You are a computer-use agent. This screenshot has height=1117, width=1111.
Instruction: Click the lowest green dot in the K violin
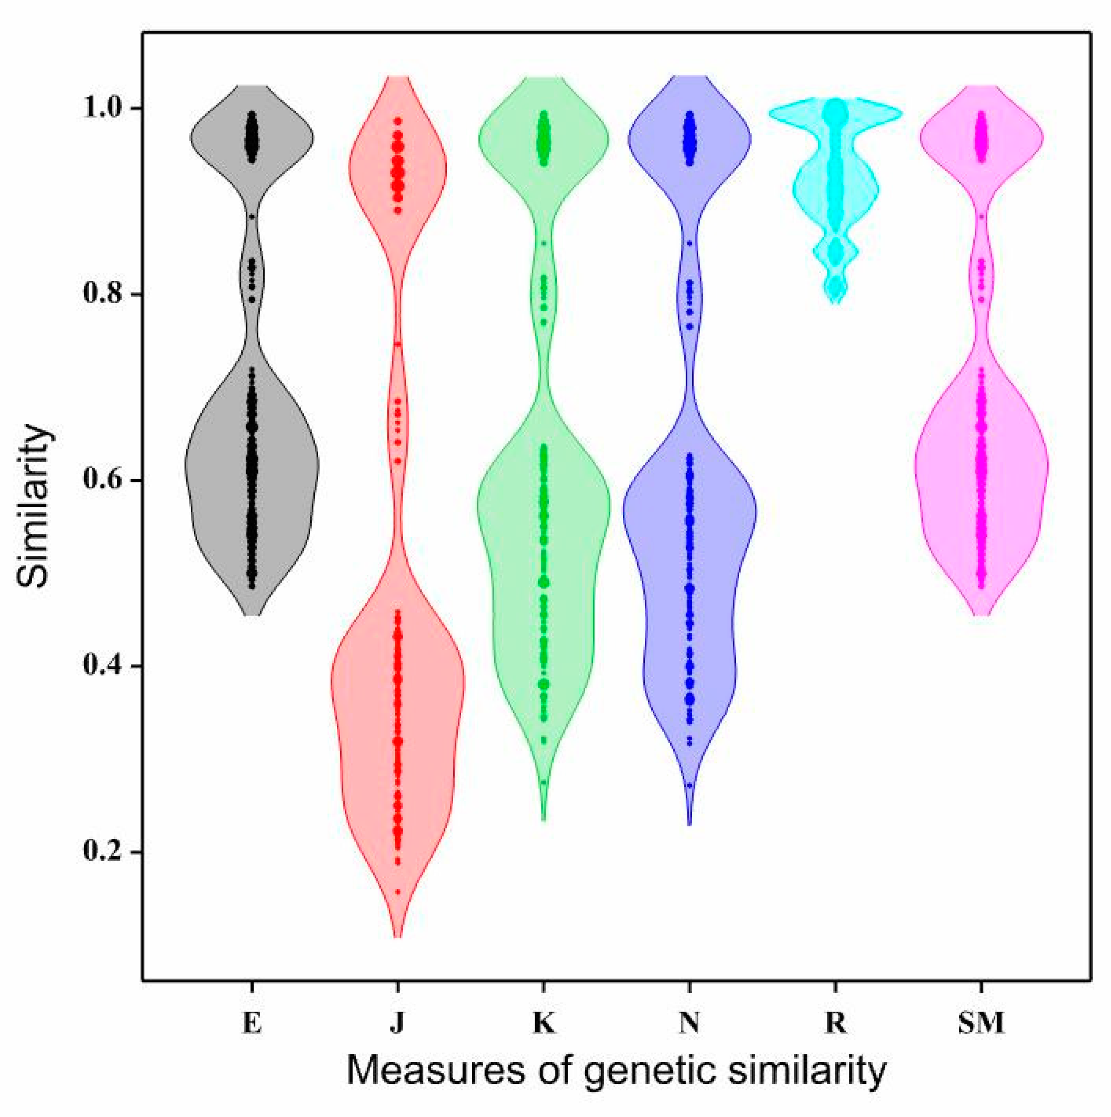(x=543, y=782)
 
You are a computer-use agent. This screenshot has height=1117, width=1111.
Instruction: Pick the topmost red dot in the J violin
(x=398, y=121)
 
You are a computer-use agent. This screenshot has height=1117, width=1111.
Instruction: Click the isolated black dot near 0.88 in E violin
(x=251, y=217)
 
